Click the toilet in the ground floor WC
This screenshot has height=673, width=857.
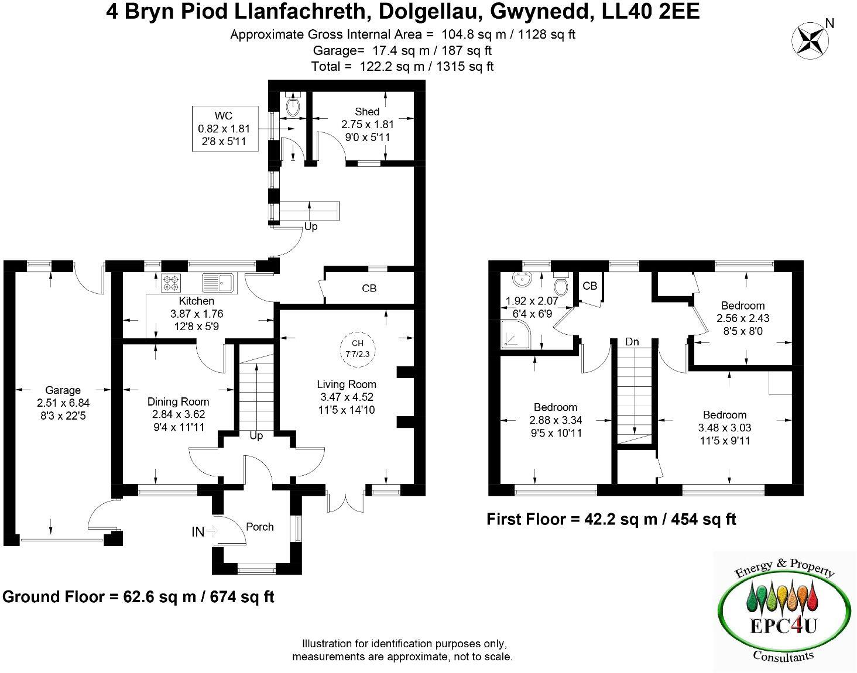point(292,106)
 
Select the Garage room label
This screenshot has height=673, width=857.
point(63,390)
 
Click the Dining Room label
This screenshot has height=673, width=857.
point(178,401)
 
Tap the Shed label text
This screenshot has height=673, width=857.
point(367,111)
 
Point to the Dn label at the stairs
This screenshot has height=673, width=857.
point(632,342)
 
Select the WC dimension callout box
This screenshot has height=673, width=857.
point(224,129)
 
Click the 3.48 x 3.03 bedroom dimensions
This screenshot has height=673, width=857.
point(725,428)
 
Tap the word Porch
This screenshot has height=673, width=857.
point(259,527)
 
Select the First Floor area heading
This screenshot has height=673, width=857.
point(611,519)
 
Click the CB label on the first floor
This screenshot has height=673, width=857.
point(589,286)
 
